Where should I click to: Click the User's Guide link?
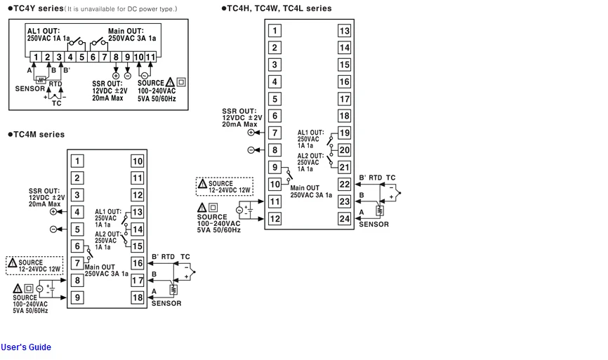(25, 347)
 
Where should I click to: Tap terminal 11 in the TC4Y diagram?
(150, 58)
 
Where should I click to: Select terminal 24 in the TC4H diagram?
(344, 218)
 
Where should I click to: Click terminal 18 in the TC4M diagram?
(138, 298)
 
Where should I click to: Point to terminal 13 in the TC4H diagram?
(344, 31)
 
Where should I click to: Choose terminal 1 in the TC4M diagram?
(77, 161)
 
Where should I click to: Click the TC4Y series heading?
(36, 8)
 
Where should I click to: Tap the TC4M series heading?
(36, 135)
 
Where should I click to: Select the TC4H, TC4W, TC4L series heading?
(277, 8)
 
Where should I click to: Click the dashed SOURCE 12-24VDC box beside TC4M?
(34, 265)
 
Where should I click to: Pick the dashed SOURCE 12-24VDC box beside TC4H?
(225, 187)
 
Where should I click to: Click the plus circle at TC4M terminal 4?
(53, 212)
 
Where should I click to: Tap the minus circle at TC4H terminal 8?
(251, 150)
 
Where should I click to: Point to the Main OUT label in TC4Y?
(126, 31)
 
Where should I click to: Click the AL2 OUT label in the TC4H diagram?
(310, 156)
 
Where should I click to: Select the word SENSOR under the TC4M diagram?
(166, 303)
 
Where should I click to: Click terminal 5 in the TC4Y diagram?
(81, 58)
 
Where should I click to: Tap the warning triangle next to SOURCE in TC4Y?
(170, 82)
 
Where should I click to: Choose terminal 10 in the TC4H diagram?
(275, 184)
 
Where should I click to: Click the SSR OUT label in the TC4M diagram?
(44, 191)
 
